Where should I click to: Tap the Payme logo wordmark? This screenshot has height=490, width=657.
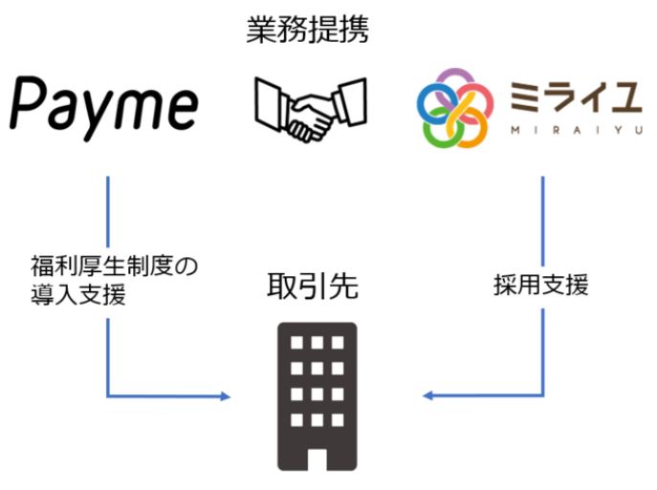pos(106,105)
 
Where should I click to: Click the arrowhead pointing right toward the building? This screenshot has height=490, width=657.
pos(226,394)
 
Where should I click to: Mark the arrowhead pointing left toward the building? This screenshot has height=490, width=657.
pos(428,394)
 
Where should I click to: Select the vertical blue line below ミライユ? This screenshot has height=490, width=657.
pos(543,220)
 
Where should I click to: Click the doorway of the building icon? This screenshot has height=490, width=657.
pos(316,455)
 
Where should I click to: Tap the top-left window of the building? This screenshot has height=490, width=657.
pos(295,343)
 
